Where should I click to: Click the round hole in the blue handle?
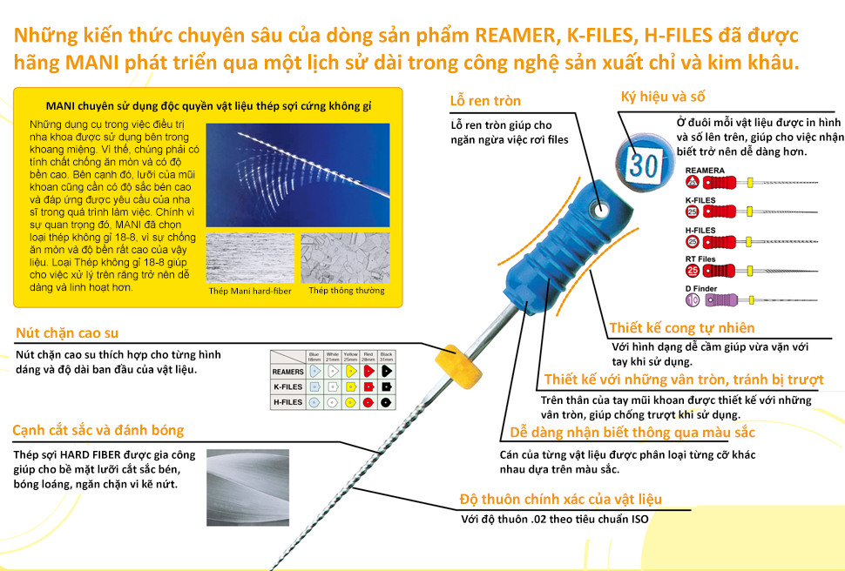(x=600, y=209)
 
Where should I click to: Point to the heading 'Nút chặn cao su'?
(x=67, y=333)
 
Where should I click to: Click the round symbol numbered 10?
(x=693, y=299)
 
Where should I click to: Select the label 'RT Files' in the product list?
(x=700, y=259)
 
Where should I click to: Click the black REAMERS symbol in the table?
(x=387, y=372)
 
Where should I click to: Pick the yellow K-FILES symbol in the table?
(x=349, y=386)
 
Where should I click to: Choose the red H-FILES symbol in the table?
(x=368, y=401)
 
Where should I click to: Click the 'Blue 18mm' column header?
(x=314, y=357)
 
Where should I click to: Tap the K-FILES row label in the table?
(x=288, y=386)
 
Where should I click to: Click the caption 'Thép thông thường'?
(x=347, y=291)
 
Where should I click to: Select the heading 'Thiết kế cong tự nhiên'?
(x=682, y=328)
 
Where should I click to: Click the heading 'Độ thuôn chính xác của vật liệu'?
(x=561, y=500)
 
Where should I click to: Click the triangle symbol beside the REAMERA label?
(x=693, y=182)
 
